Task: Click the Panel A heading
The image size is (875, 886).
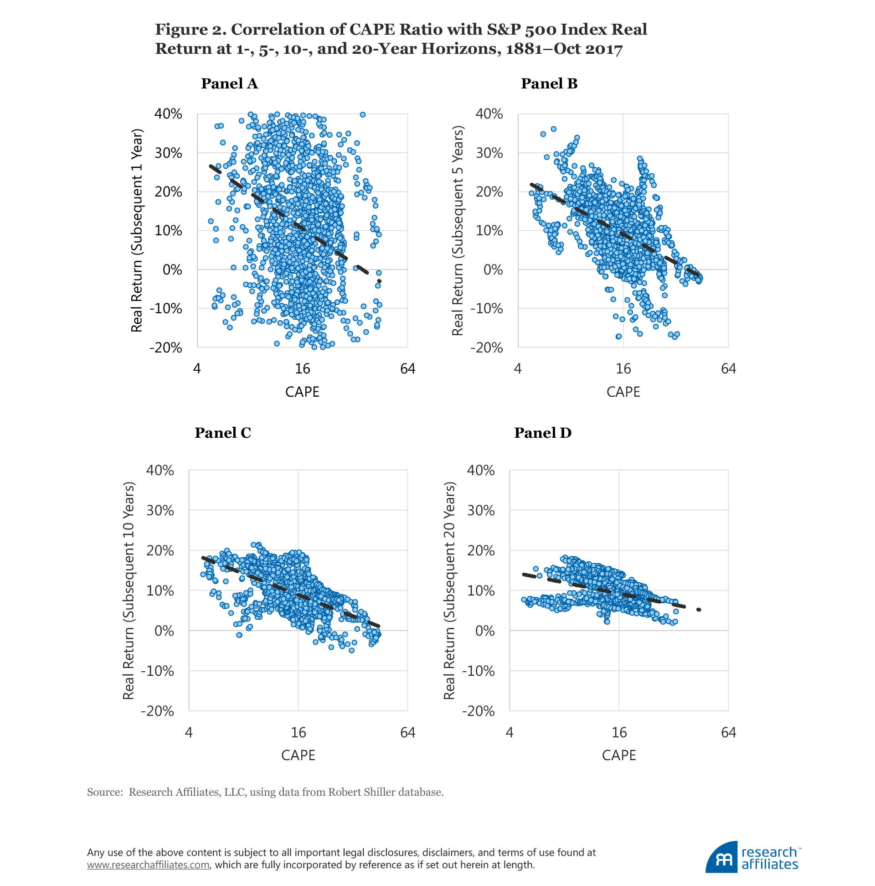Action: pos(229,83)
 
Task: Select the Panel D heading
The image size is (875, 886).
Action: pos(543,432)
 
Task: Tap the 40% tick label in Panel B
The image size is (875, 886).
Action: pos(489,114)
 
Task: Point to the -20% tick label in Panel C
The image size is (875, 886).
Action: pos(157,711)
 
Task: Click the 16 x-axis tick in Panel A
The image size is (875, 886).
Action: pos(302,369)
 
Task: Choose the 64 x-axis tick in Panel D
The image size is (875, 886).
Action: pos(728,732)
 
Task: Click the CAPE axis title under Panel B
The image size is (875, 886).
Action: pos(623,392)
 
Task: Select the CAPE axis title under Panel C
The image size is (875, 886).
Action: pos(298,755)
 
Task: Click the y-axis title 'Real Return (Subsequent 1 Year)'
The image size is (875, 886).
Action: pos(137,230)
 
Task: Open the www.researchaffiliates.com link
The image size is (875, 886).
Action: pos(149,865)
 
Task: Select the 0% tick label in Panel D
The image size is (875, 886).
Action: pos(485,631)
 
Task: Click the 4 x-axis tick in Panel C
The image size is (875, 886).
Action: pos(188,732)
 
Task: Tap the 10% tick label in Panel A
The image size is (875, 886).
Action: pos(168,231)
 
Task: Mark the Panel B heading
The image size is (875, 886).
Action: pos(549,83)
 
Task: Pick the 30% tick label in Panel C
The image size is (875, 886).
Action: pos(160,510)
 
